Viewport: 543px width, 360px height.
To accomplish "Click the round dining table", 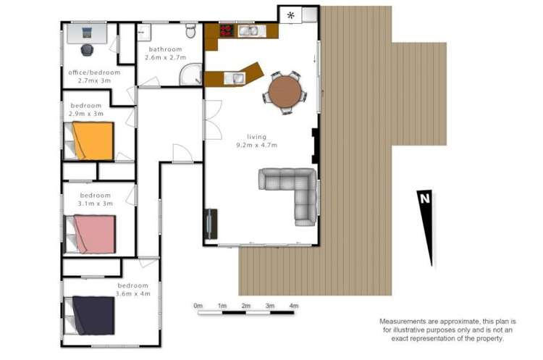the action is click(x=285, y=92).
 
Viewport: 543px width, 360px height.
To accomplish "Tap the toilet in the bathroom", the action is click(x=191, y=30).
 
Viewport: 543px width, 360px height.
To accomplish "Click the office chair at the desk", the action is click(x=88, y=50).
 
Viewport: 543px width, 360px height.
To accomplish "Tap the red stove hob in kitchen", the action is click(x=227, y=30).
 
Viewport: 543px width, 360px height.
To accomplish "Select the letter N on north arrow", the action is click(x=424, y=198).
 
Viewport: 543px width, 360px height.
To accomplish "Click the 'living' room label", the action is click(x=256, y=137).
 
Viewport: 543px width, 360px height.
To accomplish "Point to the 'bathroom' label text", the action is click(x=165, y=49).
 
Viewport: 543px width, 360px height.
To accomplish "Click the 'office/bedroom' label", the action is click(x=94, y=72).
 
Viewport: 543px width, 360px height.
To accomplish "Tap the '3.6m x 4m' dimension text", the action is click(x=133, y=294).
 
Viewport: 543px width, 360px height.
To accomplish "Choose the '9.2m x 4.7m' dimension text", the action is click(x=256, y=145).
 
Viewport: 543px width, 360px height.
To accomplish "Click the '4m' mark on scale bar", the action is click(x=294, y=306).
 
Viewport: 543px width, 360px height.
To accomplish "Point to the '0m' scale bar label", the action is click(x=198, y=306).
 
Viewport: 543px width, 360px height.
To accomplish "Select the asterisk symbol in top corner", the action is click(x=291, y=15).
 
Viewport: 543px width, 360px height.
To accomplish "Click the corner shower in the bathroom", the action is click(x=191, y=74).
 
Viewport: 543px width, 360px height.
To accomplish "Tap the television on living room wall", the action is click(x=210, y=224).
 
